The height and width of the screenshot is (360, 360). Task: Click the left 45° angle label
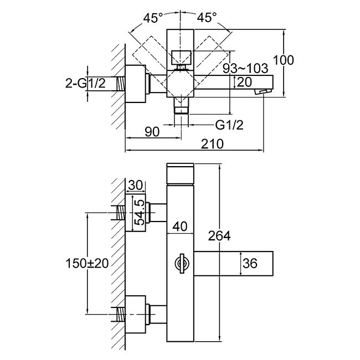click(x=153, y=18)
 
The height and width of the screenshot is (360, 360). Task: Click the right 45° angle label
click(x=207, y=18)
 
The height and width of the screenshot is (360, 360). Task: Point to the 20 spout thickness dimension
click(x=244, y=82)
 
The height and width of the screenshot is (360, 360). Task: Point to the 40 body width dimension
click(x=180, y=226)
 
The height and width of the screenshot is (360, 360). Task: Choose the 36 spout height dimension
click(x=250, y=264)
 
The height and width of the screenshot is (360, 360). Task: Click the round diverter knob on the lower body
click(x=180, y=263)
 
